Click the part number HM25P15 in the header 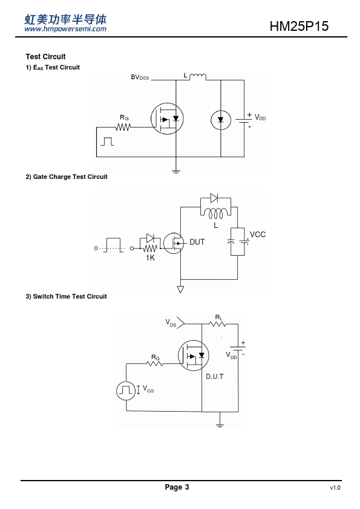point(299,26)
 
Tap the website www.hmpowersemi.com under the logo point(65,29)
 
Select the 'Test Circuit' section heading point(45,57)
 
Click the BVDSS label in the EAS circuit point(140,77)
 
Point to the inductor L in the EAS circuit point(197,77)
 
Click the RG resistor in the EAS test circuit point(123,127)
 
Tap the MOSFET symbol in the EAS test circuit point(167,119)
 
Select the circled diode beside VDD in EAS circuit point(221,120)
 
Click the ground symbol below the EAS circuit point(176,172)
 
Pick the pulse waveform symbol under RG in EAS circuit point(107,141)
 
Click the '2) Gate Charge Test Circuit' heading point(67,177)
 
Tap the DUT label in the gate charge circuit point(197,242)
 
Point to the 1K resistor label point(150,258)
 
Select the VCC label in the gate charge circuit point(258,235)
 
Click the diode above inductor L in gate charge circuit point(214,198)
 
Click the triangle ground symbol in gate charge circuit point(180,289)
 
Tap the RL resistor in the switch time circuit point(218,324)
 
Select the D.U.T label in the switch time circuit point(215,377)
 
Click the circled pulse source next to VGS point(126,391)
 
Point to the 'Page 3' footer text point(177,487)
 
